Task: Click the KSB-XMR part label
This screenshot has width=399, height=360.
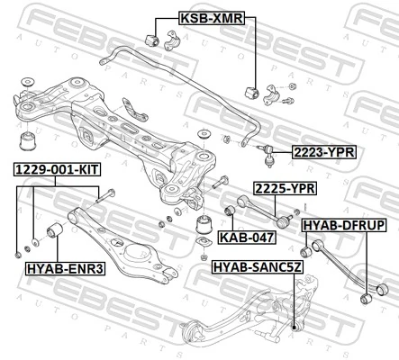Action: pyautogui.click(x=204, y=18)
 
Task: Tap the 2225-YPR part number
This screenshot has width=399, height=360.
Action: pyautogui.click(x=284, y=188)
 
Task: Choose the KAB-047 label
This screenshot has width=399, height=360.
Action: pyautogui.click(x=240, y=238)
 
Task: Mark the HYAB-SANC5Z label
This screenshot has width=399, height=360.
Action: pyautogui.click(x=256, y=267)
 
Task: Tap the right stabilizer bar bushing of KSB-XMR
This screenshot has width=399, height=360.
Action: pyautogui.click(x=253, y=93)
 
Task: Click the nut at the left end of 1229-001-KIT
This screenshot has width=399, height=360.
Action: pyautogui.click(x=20, y=246)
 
